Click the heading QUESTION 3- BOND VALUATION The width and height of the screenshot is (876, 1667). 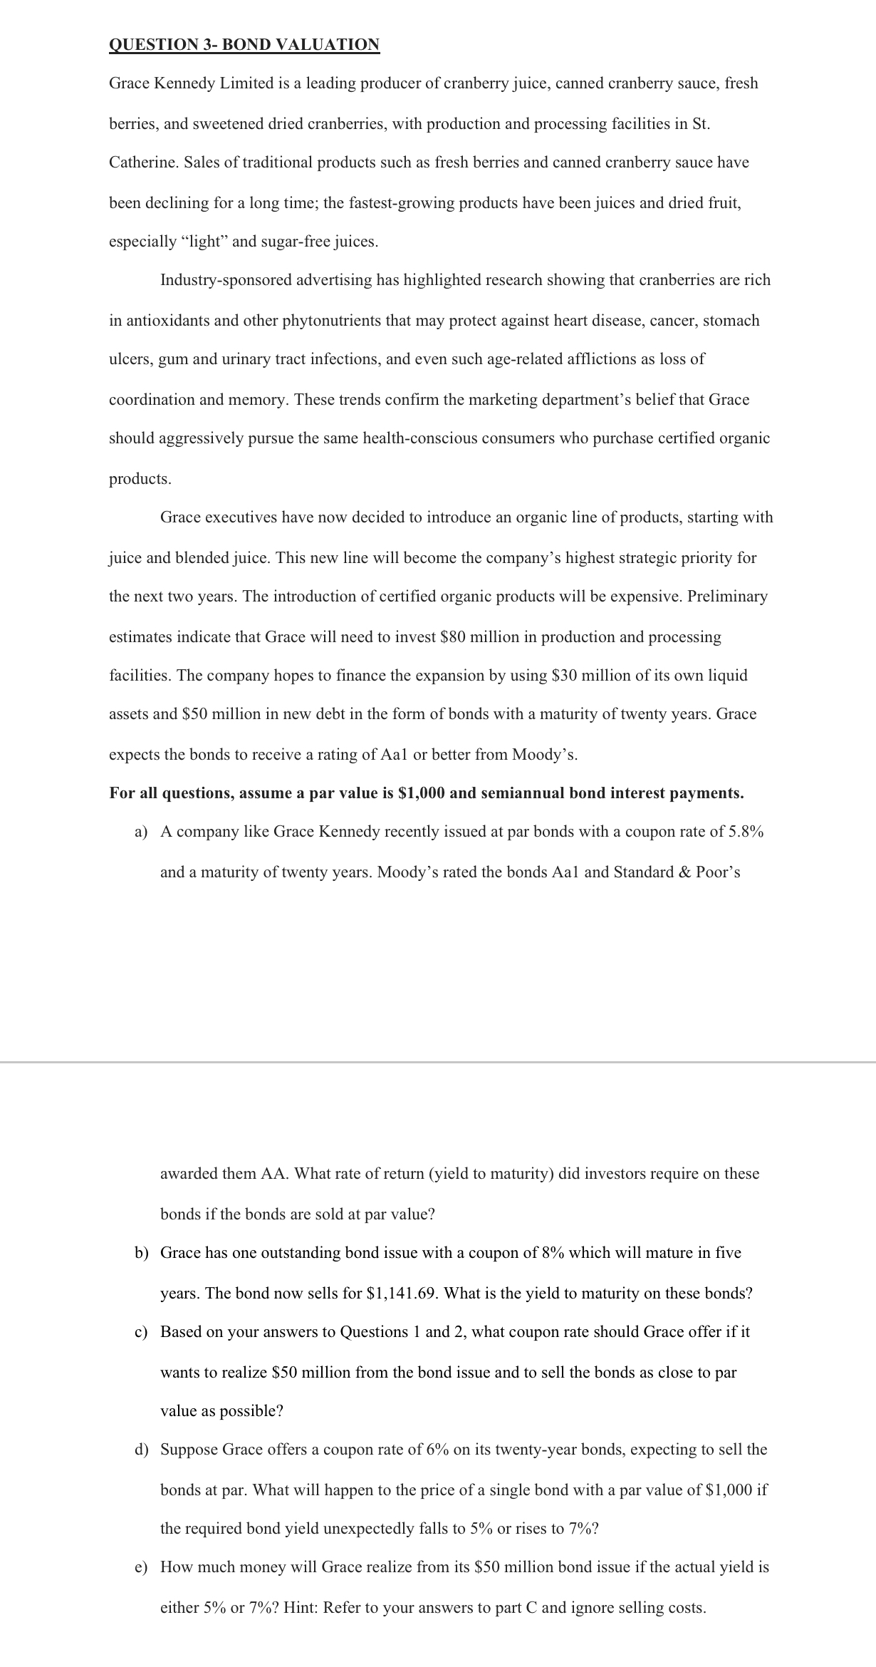[244, 45]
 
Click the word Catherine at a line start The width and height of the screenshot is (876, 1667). [142, 162]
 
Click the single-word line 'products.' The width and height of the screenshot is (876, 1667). [140, 479]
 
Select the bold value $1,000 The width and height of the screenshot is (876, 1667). [420, 793]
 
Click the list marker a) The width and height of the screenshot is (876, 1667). [141, 832]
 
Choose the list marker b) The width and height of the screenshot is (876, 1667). [141, 1253]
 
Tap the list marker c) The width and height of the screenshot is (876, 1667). [141, 1332]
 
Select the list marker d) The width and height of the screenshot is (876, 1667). [141, 1450]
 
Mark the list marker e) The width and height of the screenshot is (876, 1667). [141, 1567]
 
